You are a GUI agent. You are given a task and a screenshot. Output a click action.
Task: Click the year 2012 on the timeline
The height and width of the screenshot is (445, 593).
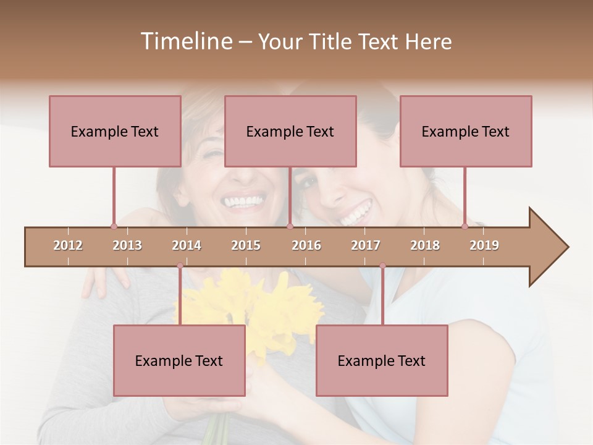pyautogui.click(x=68, y=245)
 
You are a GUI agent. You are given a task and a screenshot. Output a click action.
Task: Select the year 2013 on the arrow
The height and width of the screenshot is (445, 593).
pyautogui.click(x=127, y=245)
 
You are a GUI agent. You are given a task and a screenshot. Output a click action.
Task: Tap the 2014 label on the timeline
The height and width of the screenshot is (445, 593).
pyautogui.click(x=187, y=245)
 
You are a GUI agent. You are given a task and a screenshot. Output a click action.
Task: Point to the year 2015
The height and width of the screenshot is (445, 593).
pyautogui.click(x=246, y=245)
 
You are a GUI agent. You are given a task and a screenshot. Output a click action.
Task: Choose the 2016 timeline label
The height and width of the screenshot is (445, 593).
pyautogui.click(x=306, y=245)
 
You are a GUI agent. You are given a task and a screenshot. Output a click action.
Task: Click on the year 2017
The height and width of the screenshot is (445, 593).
pyautogui.click(x=366, y=245)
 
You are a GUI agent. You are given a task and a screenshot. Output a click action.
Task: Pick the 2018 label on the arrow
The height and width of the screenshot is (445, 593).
pyautogui.click(x=425, y=245)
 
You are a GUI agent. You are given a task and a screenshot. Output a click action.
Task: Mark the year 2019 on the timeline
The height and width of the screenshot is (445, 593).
pyautogui.click(x=484, y=245)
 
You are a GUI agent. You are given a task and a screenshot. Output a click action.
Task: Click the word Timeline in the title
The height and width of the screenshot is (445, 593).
pyautogui.click(x=185, y=41)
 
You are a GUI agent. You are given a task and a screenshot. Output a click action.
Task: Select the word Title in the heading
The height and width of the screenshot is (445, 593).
pyautogui.click(x=331, y=41)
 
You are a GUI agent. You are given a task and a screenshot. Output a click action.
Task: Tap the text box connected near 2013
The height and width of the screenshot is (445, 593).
pyautogui.click(x=115, y=131)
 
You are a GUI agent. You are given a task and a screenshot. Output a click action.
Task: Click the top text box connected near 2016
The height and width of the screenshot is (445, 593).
pyautogui.click(x=290, y=131)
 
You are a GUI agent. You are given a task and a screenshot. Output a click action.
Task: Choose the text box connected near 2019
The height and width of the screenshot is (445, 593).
pyautogui.click(x=466, y=131)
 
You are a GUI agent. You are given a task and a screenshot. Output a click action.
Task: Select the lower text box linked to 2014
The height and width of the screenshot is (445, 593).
pyautogui.click(x=179, y=360)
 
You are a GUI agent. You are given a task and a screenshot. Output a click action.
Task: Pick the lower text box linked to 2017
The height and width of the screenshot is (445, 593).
pyautogui.click(x=382, y=360)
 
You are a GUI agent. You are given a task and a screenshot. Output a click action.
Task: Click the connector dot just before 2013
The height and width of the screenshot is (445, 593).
pyautogui.click(x=114, y=226)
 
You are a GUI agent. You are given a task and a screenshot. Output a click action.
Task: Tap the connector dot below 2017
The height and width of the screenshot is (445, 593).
pyautogui.click(x=382, y=266)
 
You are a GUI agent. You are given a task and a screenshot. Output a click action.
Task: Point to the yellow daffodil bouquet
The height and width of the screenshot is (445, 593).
pyautogui.click(x=259, y=303)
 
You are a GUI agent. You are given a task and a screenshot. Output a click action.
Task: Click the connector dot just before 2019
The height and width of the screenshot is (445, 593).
pyautogui.click(x=465, y=226)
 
